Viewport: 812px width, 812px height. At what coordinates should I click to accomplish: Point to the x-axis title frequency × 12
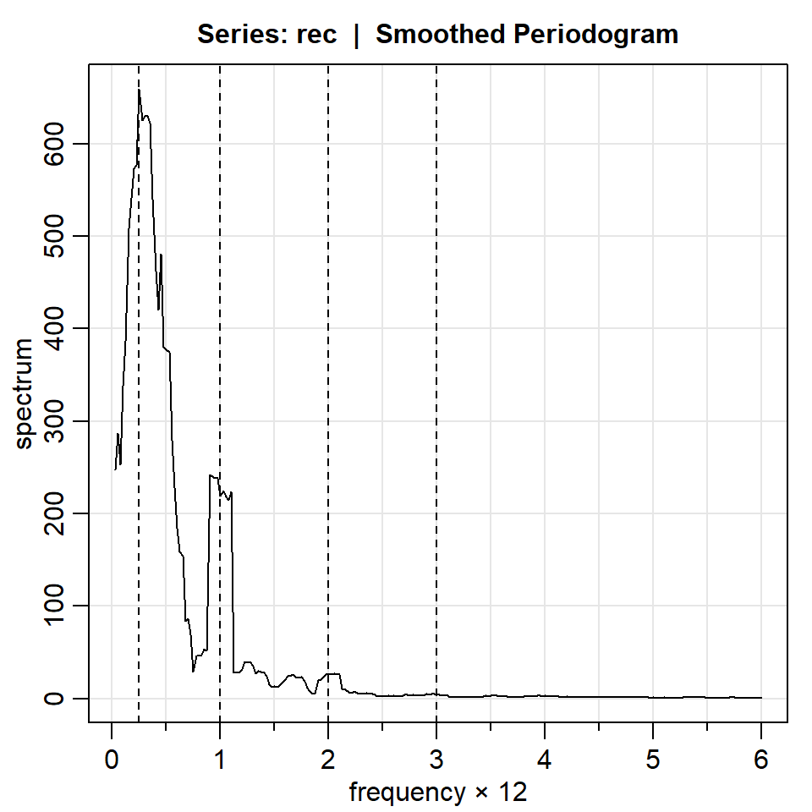point(438,793)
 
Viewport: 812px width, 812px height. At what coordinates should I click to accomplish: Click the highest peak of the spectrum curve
point(139,90)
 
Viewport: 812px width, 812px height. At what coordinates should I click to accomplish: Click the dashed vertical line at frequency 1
point(220,338)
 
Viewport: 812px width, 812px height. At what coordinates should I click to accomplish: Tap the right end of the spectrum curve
point(761,698)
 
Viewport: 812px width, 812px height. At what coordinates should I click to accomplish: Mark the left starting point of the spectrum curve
point(115,469)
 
